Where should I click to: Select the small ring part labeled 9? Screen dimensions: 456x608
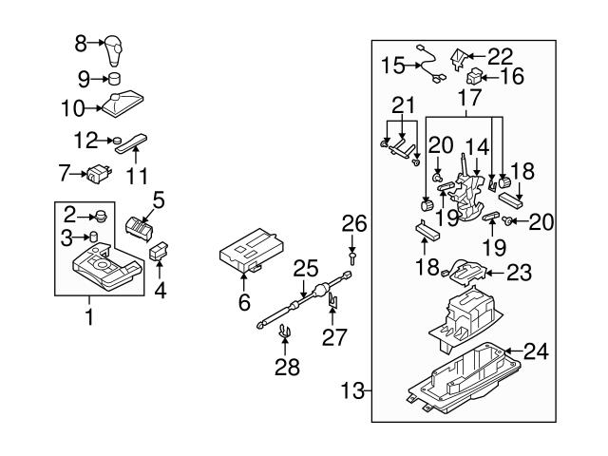[x=115, y=78]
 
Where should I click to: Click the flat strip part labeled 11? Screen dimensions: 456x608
[x=130, y=143]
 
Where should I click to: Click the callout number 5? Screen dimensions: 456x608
[x=159, y=199]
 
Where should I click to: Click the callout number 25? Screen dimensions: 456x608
[x=303, y=268]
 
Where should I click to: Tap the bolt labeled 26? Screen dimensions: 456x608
[x=352, y=256]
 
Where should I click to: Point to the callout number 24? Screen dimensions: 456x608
[x=536, y=351]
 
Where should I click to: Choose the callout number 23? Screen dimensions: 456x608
[x=517, y=273]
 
